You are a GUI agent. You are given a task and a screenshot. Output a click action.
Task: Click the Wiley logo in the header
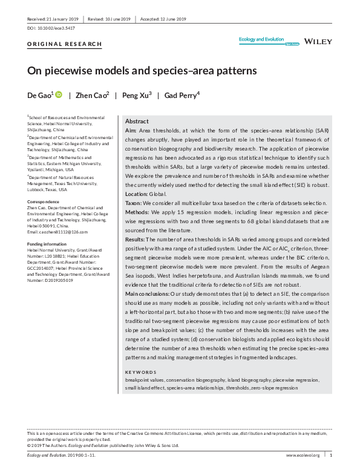coord(318,41)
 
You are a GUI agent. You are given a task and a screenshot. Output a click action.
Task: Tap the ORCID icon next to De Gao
coord(59,95)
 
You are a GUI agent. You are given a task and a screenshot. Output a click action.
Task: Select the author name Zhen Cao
coord(93,95)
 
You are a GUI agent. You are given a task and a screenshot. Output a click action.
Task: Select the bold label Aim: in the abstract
coord(130,131)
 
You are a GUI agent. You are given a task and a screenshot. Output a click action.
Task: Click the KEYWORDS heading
coord(140,372)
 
